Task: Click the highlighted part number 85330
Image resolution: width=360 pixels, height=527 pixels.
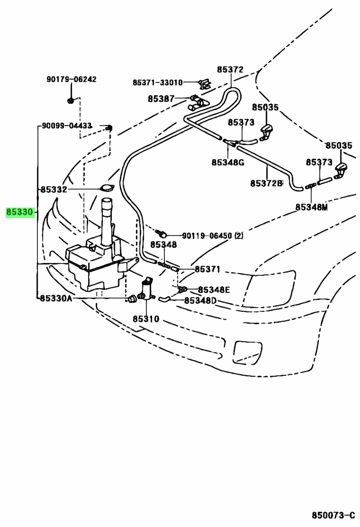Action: [x=20, y=212]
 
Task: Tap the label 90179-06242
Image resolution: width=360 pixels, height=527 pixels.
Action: [x=71, y=79]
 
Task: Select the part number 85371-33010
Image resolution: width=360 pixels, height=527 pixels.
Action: [x=157, y=82]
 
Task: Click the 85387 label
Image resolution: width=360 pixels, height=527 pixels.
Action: [x=161, y=99]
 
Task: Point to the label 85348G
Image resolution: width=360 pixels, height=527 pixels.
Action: [x=228, y=163]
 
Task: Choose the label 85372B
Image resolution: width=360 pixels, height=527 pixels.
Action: [x=267, y=183]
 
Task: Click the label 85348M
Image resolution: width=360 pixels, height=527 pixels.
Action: [x=311, y=208]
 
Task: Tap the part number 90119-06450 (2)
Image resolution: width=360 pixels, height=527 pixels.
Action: [x=213, y=236]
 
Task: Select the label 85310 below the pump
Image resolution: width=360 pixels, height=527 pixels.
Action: [x=146, y=319]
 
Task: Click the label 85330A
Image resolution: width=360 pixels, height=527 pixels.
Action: [x=56, y=299]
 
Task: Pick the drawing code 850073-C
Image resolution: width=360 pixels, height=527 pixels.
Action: [x=333, y=515]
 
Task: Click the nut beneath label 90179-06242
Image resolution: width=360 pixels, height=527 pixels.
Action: [x=71, y=100]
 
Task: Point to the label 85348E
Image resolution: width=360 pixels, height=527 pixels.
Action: [x=214, y=290]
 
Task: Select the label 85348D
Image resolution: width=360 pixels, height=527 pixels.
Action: [x=200, y=300]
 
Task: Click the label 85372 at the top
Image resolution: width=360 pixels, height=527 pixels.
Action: [x=230, y=70]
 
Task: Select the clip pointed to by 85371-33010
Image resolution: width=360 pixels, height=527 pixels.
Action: [x=205, y=84]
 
